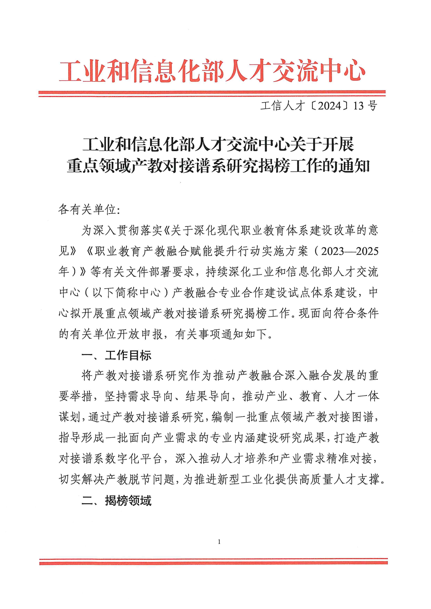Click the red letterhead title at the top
pyautogui.click(x=212, y=70)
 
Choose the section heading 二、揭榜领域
pyautogui.click(x=116, y=501)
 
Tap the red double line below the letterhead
pyautogui.click(x=212, y=93)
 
